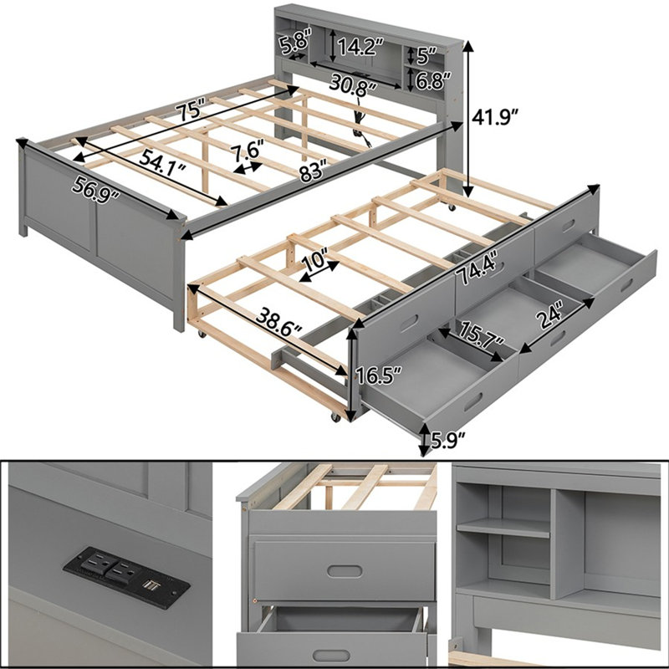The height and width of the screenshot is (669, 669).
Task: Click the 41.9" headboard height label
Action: click(495, 117)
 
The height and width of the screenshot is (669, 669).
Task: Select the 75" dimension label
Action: click(192, 110)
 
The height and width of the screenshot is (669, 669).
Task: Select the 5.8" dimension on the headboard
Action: click(294, 41)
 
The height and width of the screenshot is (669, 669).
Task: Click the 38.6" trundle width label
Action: click(279, 322)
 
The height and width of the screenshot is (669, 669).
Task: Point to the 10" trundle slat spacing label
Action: click(315, 258)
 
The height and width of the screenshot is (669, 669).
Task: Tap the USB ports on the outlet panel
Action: click(148, 583)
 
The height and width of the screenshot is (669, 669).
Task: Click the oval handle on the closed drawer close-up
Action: click(345, 570)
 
